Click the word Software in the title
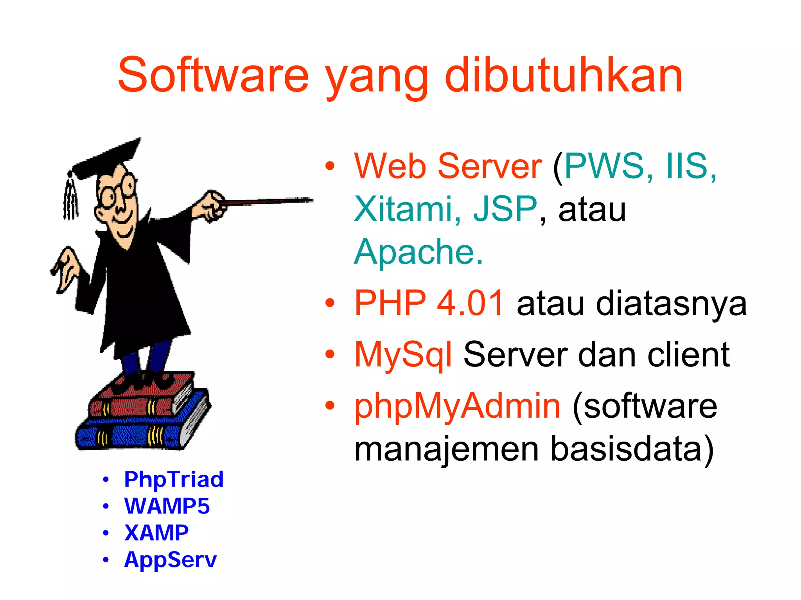point(213,75)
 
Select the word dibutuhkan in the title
point(564,75)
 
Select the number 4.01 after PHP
point(470,303)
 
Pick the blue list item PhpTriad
point(174,480)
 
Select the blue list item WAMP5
point(167,506)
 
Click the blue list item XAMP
point(156,533)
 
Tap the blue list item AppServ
point(170,560)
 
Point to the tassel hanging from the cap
point(70,199)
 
